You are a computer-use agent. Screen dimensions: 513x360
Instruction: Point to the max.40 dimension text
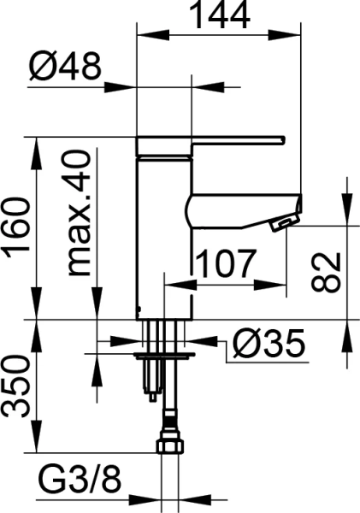pyautogui.click(x=78, y=214)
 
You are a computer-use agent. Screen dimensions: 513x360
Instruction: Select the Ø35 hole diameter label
pyautogui.click(x=268, y=345)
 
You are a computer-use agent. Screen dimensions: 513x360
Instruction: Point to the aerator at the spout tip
pyautogui.click(x=280, y=224)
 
